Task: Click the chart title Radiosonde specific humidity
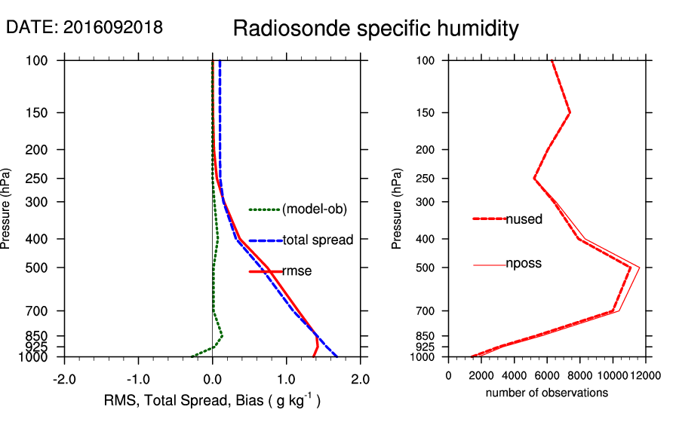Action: [376, 29]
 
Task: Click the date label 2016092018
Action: [84, 27]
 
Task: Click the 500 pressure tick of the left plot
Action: [43, 268]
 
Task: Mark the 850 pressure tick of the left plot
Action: [43, 336]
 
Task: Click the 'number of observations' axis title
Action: [547, 393]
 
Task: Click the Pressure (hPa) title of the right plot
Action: [398, 208]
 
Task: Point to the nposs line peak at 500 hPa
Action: [639, 268]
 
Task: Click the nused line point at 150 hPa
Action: [570, 112]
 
